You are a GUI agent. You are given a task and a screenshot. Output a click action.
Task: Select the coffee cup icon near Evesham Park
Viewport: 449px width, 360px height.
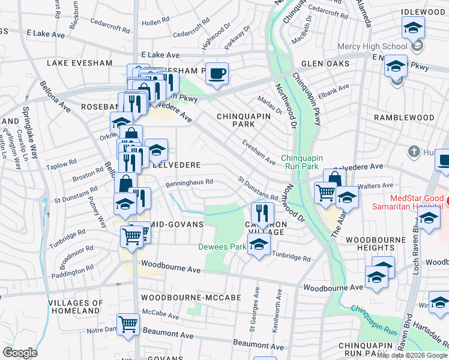pos(217,74)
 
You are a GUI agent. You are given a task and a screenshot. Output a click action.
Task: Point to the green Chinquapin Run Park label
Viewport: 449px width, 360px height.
pos(306,162)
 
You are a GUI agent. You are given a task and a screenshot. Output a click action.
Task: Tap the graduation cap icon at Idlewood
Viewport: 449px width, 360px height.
pos(413,29)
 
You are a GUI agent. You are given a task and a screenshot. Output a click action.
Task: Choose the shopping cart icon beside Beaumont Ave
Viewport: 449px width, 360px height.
pos(128,325)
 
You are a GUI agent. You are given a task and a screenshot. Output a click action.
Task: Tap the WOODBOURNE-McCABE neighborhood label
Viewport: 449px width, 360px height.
pos(190,298)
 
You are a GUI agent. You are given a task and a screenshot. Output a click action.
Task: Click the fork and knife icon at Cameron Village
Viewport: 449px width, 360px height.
pos(262,212)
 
